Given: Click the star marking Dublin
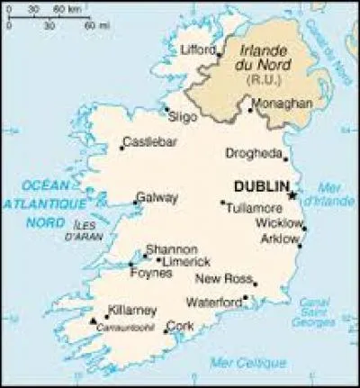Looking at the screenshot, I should click(292, 194).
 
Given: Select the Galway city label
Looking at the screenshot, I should click(157, 198).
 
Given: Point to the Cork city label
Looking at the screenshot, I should click(180, 326).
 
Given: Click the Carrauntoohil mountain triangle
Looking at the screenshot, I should click(94, 320).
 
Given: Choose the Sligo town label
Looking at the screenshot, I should click(182, 116).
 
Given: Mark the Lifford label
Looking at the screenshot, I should click(200, 49).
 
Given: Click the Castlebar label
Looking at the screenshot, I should click(148, 142).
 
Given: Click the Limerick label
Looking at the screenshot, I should click(186, 261).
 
